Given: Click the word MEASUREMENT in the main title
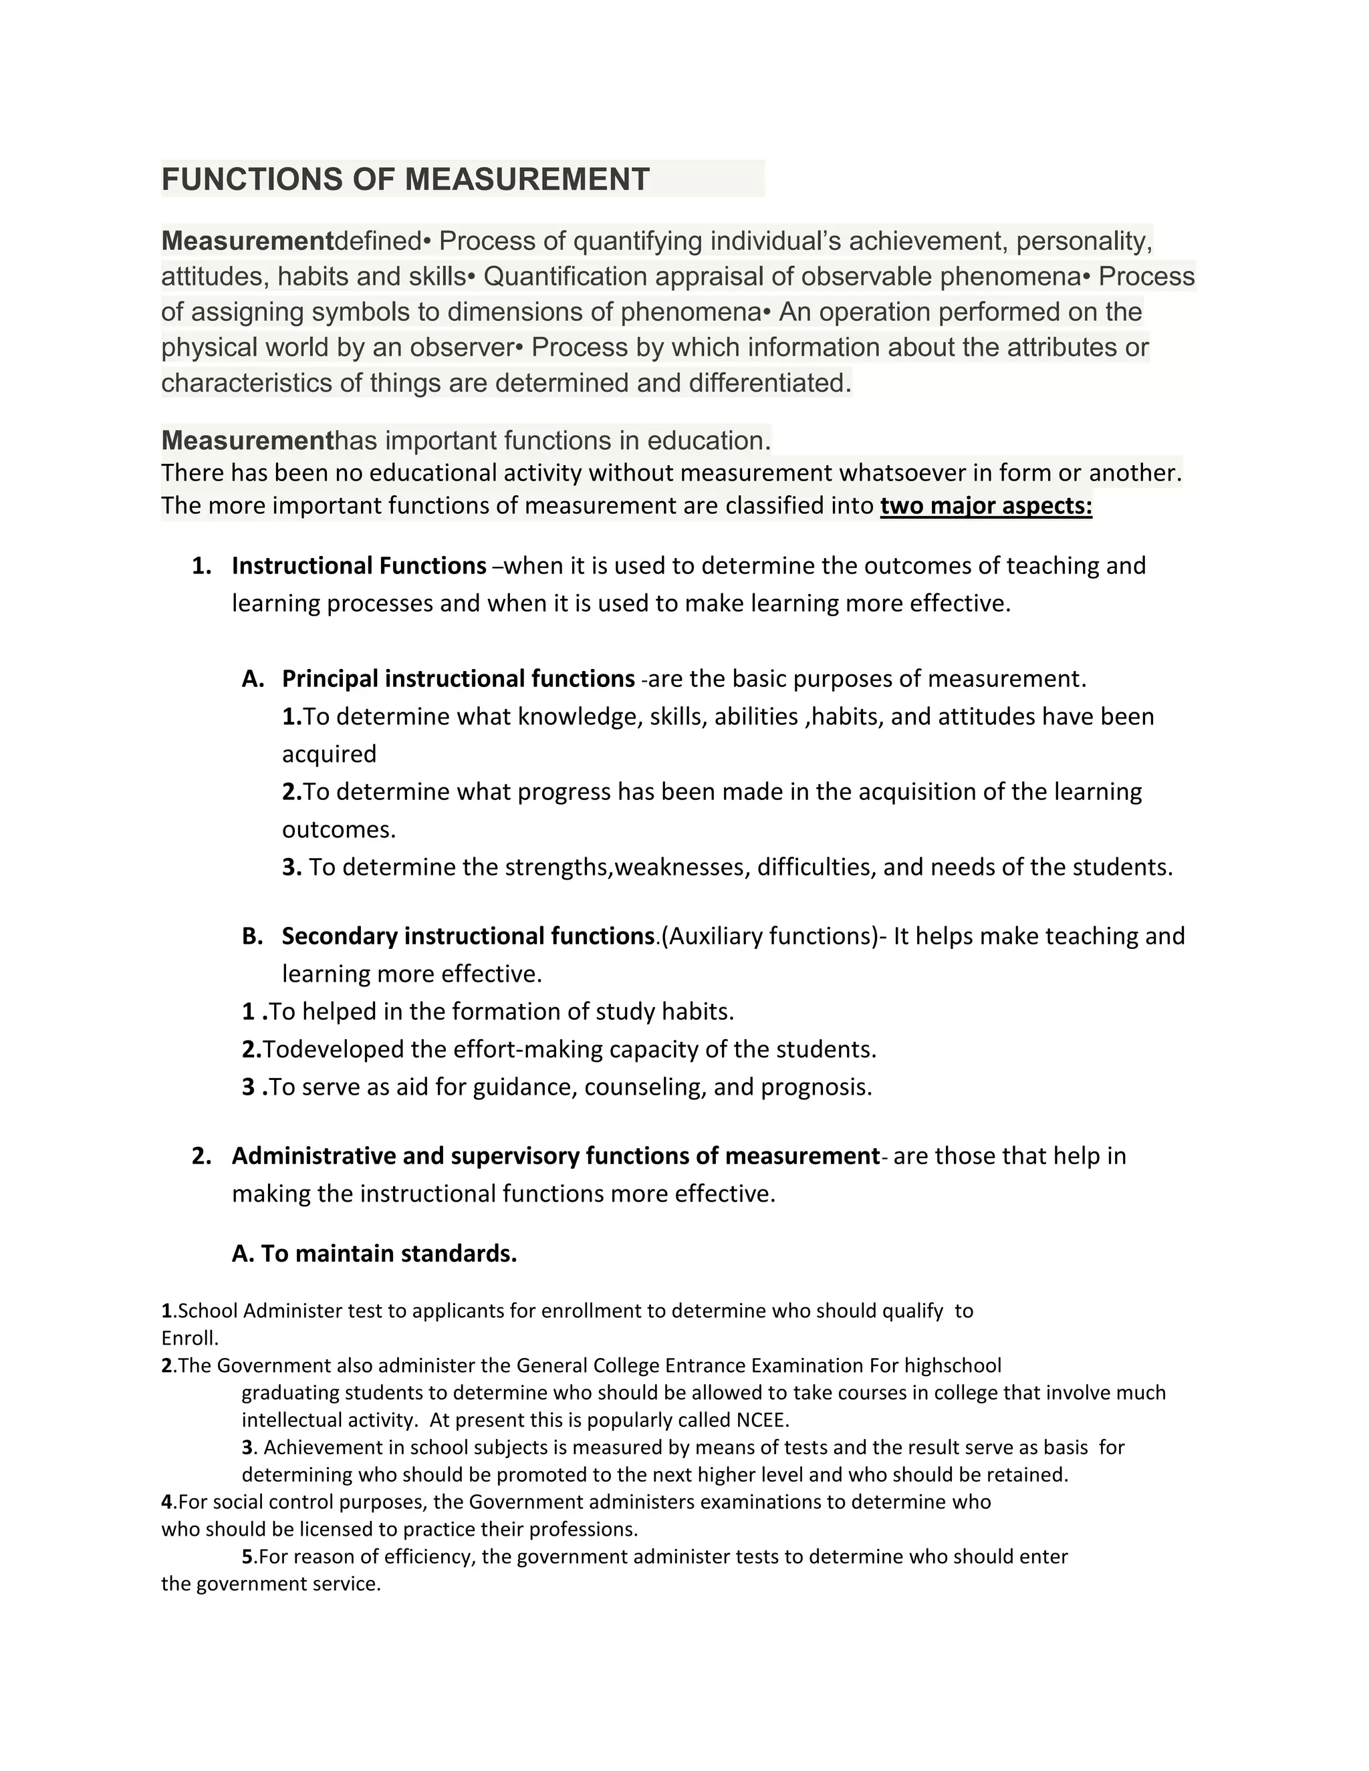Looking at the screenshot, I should pyautogui.click(x=527, y=179).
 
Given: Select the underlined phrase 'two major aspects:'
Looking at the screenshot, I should pyautogui.click(x=985, y=506).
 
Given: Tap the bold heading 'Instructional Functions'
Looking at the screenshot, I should pyautogui.click(x=358, y=566).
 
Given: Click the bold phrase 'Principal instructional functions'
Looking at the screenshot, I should pyautogui.click(x=458, y=679).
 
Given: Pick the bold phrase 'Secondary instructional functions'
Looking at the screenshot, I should pyautogui.click(x=467, y=936).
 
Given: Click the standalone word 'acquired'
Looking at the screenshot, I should pyautogui.click(x=330, y=754).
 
